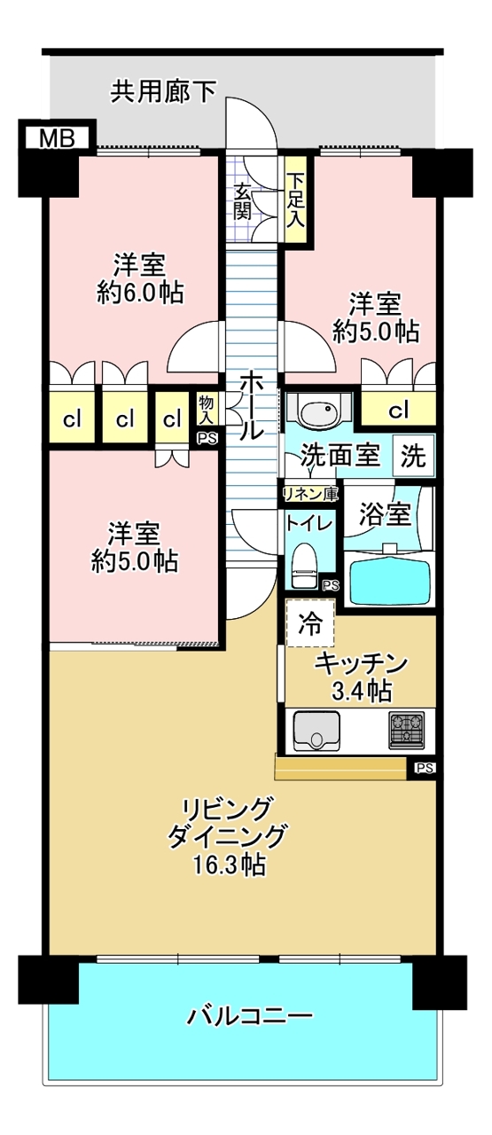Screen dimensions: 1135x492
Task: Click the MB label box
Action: (x=56, y=137)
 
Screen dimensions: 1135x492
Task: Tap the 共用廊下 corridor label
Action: (x=163, y=91)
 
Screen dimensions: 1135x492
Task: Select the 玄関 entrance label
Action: (x=243, y=200)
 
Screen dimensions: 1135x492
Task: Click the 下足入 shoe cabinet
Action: (x=294, y=203)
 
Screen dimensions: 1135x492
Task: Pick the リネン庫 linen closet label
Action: (x=309, y=493)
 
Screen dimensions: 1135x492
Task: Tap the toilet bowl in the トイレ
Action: (x=304, y=564)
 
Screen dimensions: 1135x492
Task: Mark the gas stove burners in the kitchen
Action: (x=407, y=729)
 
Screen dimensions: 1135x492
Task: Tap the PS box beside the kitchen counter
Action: (x=424, y=768)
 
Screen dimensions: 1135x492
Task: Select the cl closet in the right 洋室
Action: (x=399, y=410)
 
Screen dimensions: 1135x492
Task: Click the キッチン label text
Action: (x=361, y=662)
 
